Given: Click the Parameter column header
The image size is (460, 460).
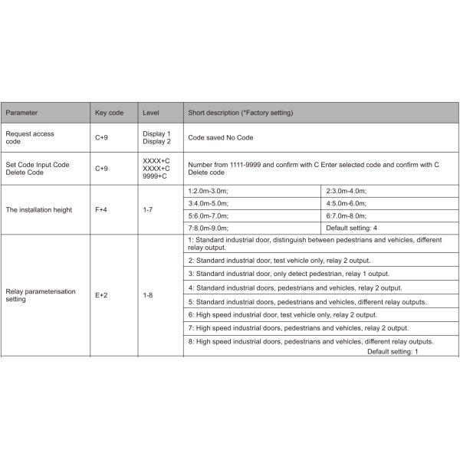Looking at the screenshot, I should coord(22,113).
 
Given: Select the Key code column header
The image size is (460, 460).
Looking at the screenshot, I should coord(109,113).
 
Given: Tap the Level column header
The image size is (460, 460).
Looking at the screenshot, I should coord(150,113).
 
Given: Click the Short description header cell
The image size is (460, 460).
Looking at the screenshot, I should coord(240,113).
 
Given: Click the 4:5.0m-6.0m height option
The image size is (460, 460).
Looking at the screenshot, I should coord(347,205).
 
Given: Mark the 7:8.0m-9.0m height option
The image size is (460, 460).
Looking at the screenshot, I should coord(209,228).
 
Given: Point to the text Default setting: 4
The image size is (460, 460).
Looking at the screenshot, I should coord(352,228).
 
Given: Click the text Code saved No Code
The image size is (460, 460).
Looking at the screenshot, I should coord(221,137).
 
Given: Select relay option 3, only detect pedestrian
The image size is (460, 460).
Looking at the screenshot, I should coord(289,274).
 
